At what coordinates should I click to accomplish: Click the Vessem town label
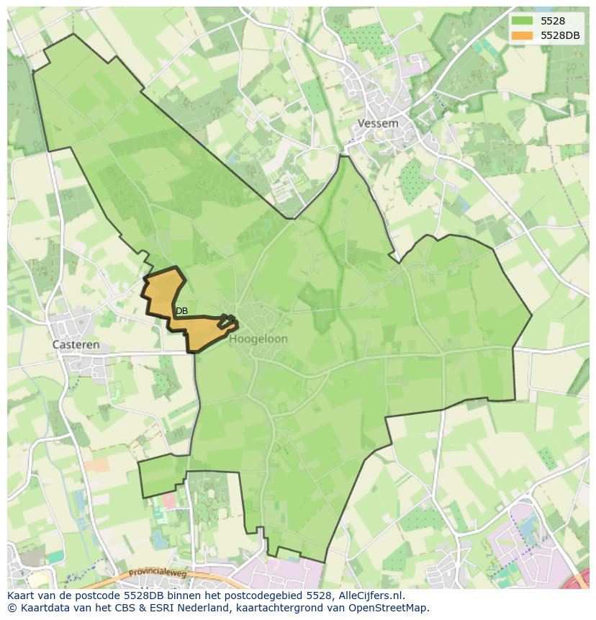378,123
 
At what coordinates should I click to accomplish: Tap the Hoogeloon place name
259,339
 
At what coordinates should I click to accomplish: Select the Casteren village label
76,345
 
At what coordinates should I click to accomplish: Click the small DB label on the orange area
181,311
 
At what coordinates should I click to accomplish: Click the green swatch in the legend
522,21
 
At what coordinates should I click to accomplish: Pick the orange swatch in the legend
522,35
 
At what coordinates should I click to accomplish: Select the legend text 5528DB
561,35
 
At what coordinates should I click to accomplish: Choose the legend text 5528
553,21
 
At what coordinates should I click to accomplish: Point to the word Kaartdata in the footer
43,608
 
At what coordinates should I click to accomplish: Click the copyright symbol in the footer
12,608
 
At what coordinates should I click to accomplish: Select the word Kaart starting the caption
22,596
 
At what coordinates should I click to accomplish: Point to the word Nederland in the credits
223,608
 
